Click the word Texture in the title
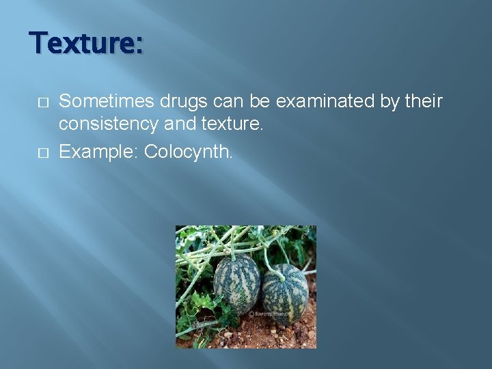click(83, 44)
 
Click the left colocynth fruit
click(236, 283)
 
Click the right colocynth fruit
click(285, 293)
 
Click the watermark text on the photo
click(271, 314)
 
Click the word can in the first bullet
click(219, 102)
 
